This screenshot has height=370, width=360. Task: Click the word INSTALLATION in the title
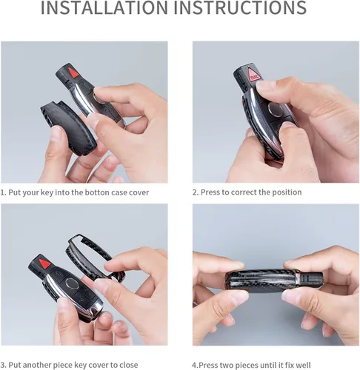click(x=104, y=7)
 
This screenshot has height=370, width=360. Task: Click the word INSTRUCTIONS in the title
click(x=240, y=7)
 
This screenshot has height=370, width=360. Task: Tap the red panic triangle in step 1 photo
click(x=73, y=73)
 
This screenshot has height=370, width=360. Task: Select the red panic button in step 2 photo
click(x=254, y=74)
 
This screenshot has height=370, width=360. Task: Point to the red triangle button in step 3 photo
click(x=44, y=263)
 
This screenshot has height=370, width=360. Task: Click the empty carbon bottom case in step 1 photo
click(x=68, y=127)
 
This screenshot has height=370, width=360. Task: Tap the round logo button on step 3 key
click(x=72, y=283)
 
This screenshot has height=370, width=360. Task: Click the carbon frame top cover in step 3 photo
click(x=95, y=257)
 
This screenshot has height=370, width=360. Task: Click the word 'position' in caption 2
click(x=287, y=192)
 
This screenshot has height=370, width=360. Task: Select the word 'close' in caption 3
click(x=128, y=365)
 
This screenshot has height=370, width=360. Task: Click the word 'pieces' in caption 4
click(x=247, y=366)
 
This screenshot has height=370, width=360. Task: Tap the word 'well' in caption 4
click(x=303, y=365)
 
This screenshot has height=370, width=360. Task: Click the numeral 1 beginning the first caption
click(x=2, y=192)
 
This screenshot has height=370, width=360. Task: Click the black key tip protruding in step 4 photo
click(x=311, y=280)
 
